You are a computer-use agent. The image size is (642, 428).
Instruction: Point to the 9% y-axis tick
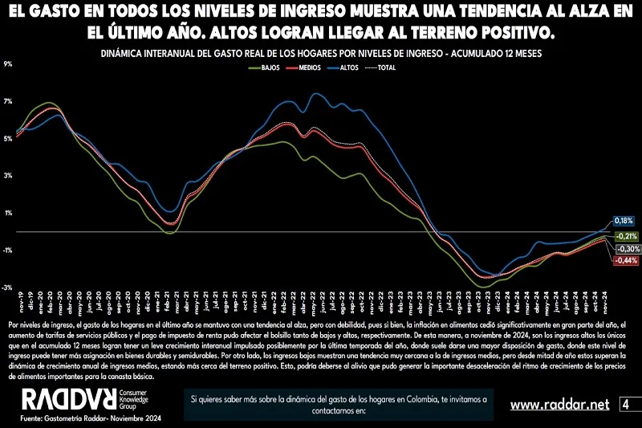click(8, 64)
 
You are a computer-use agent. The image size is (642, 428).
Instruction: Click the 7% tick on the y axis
click(8, 101)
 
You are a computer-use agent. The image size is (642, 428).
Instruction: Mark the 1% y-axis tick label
click(8, 213)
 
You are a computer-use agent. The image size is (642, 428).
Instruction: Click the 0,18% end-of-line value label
click(624, 220)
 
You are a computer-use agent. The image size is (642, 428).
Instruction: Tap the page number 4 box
click(625, 404)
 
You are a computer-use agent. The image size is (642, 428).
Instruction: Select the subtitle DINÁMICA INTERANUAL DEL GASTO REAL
click(320, 54)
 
